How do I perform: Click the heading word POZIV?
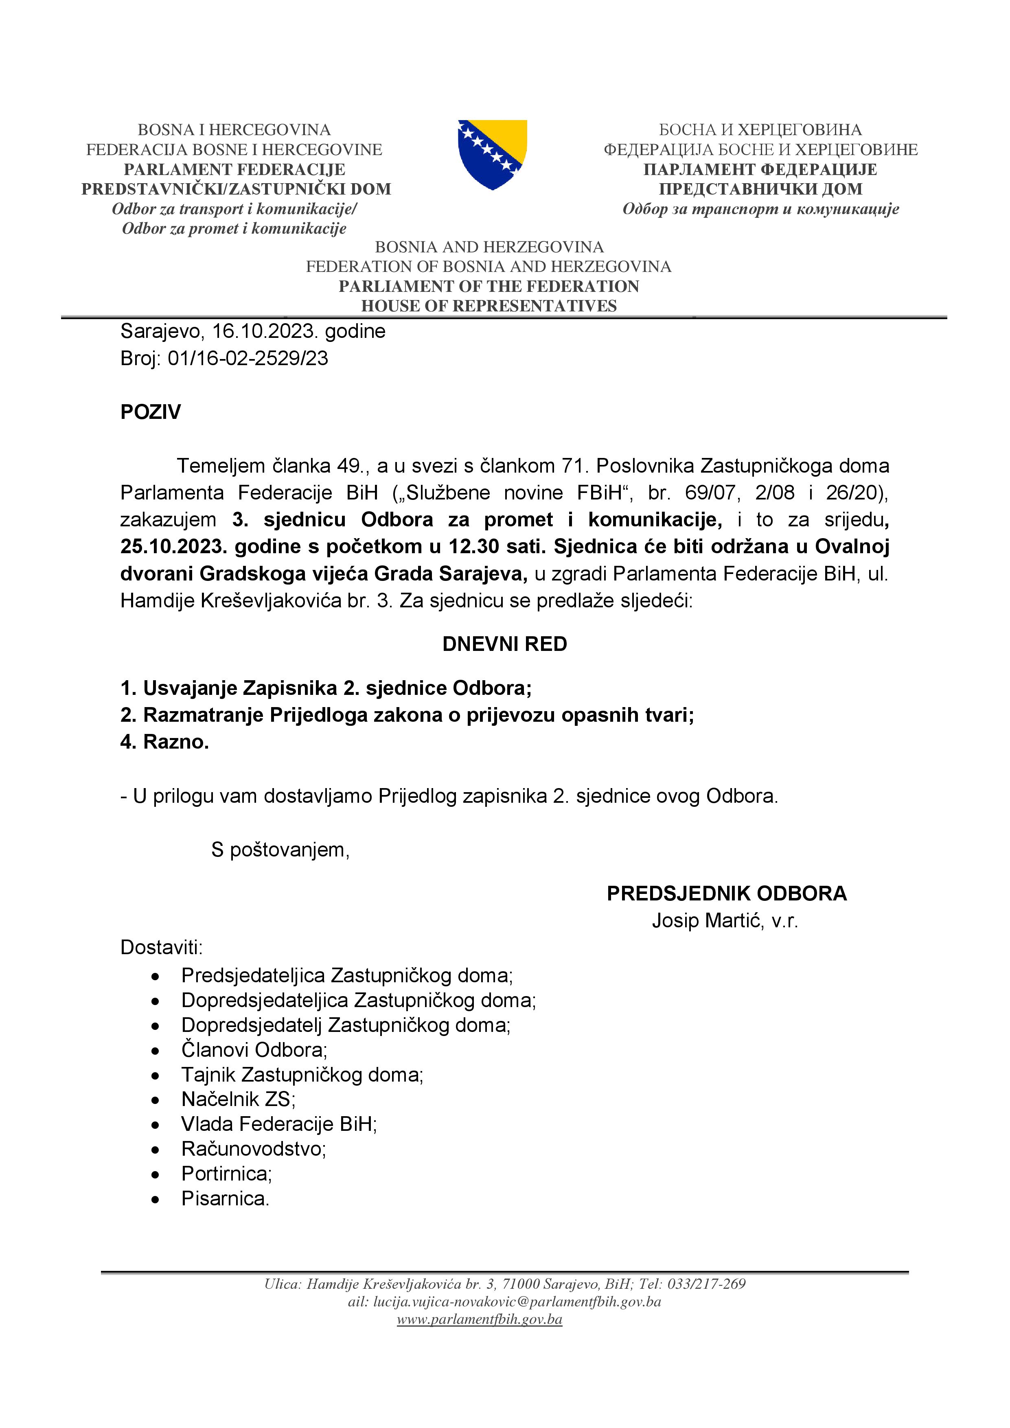[x=151, y=412]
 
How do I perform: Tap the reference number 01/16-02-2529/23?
[x=248, y=358]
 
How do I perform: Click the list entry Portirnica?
[x=226, y=1173]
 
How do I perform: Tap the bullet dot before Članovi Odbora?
[x=156, y=1051]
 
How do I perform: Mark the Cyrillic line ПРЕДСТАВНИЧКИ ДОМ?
[x=760, y=189]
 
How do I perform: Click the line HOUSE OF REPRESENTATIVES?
[x=489, y=306]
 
